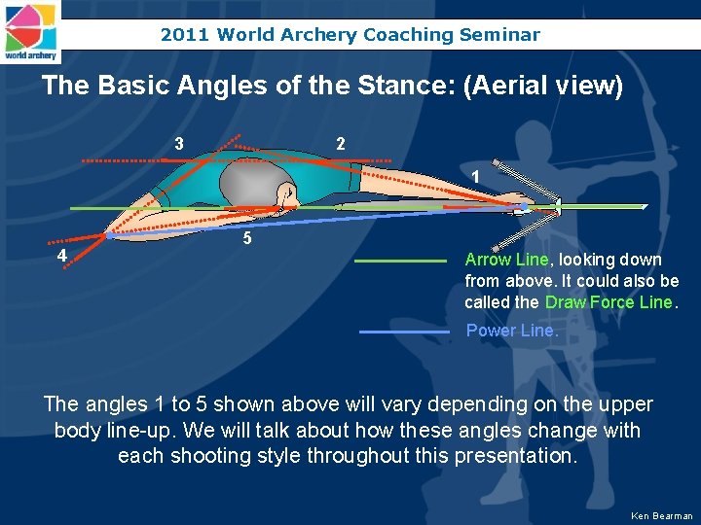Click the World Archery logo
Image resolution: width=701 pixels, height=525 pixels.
tap(30, 31)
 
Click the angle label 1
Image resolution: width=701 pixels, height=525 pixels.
tap(474, 176)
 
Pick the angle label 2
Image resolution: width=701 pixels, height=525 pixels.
tap(340, 144)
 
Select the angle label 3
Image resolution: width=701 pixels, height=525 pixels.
tap(179, 144)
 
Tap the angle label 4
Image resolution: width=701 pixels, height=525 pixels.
tap(61, 256)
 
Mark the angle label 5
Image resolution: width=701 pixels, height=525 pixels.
tap(248, 238)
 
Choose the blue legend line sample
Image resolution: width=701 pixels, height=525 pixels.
tap(404, 332)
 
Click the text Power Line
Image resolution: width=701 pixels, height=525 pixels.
tap(512, 331)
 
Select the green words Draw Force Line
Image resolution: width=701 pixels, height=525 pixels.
tap(609, 302)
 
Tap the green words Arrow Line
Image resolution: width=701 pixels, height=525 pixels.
tap(506, 260)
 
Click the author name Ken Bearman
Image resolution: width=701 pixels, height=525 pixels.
tap(661, 515)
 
